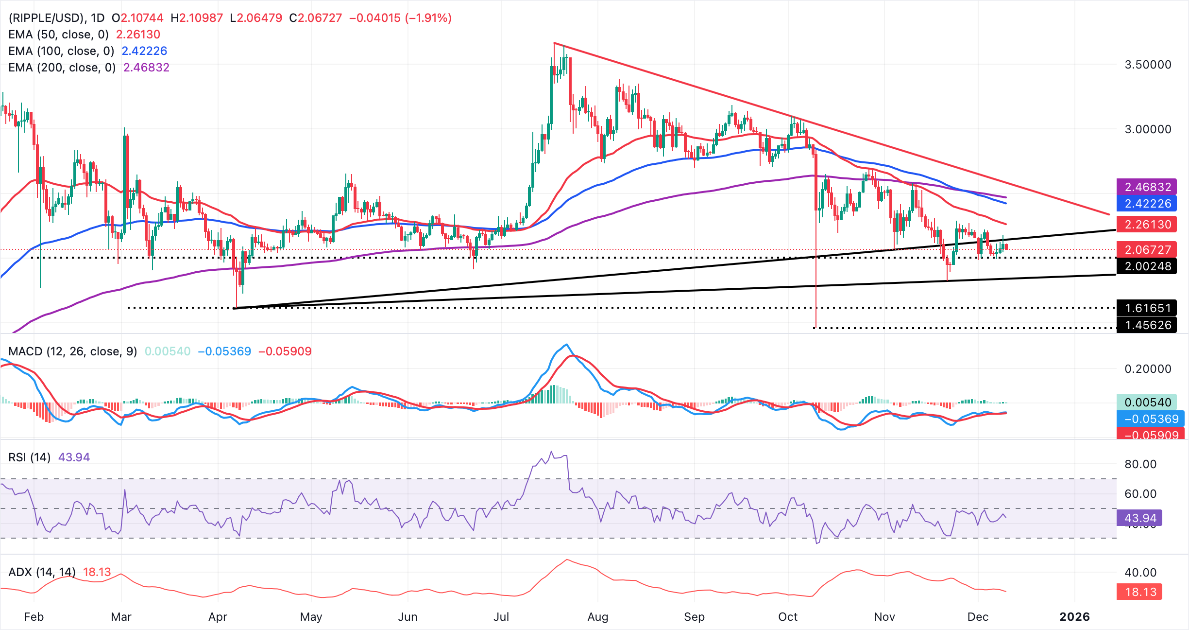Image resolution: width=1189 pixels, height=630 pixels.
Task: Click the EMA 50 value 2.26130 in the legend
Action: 138,35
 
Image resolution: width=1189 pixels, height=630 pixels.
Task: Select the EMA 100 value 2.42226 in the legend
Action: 144,51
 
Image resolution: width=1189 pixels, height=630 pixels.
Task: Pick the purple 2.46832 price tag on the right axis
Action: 1148,187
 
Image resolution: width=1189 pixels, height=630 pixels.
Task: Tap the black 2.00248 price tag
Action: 1148,266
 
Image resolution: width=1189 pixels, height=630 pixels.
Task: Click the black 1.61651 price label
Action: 1148,308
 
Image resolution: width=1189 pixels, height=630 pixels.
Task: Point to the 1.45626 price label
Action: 1148,325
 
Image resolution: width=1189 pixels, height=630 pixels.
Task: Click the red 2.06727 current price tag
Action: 1148,250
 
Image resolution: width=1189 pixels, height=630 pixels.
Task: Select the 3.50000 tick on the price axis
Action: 1148,65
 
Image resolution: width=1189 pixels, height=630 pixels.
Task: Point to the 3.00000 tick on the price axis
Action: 1148,129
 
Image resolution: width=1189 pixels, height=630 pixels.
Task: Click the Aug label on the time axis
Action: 597,617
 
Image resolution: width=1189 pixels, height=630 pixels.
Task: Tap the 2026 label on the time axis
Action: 1074,617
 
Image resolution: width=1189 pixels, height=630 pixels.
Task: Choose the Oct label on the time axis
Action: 787,617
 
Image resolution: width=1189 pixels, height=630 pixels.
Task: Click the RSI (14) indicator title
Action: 29,457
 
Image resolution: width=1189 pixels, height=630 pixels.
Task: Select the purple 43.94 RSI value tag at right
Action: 1140,518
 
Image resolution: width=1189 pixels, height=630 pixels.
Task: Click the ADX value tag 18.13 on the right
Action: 1140,592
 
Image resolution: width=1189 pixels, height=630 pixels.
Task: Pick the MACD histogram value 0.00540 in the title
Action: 168,351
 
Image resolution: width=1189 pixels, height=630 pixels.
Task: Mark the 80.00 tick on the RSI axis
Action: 1140,464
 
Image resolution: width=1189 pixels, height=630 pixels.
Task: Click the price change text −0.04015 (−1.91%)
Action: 400,18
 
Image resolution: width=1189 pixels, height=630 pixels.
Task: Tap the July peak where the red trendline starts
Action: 554,43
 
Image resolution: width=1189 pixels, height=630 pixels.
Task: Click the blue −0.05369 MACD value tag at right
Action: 1150,419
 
